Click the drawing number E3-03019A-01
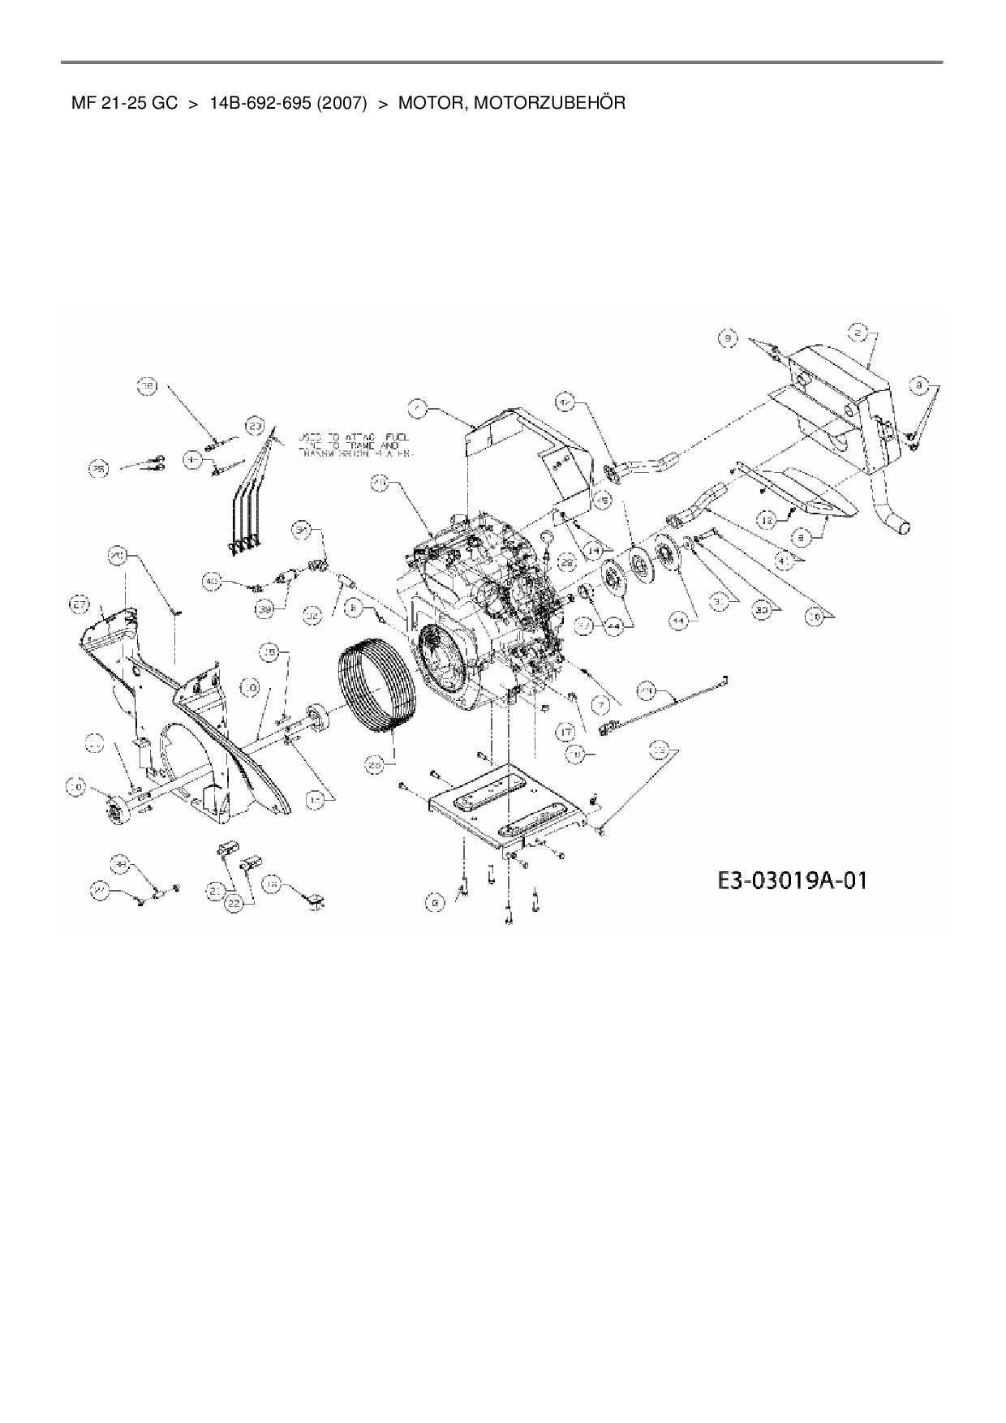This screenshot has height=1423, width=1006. point(791,880)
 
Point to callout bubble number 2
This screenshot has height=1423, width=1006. point(858,332)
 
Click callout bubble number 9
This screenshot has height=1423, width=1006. point(728,338)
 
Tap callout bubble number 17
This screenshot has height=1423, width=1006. point(565,733)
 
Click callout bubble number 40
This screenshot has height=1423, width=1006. point(212,581)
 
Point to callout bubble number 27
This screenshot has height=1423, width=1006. point(79,604)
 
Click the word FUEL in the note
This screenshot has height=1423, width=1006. point(398,436)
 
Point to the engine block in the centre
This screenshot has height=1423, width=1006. point(479,600)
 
